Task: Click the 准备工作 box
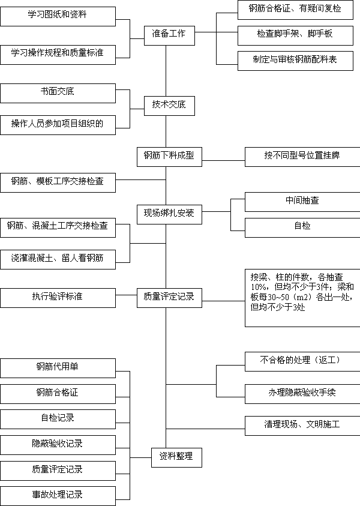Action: [169, 35]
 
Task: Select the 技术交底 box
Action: [169, 106]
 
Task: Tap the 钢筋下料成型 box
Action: [169, 157]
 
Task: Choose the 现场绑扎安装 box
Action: [169, 215]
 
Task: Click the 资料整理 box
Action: [177, 457]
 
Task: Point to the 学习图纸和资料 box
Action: [58, 16]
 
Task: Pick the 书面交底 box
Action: [58, 93]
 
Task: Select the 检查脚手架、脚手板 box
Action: [295, 35]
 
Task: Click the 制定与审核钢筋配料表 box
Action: [295, 61]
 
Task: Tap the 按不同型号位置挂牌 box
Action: [302, 157]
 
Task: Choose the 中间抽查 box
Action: [302, 202]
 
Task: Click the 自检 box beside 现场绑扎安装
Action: [302, 228]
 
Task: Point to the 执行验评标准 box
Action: [58, 298]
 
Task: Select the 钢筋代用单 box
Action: [58, 368]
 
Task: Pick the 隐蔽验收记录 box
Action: [58, 445]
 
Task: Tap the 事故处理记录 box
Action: [58, 496]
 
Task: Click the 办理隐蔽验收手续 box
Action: [302, 394]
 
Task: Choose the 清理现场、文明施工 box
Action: [302, 426]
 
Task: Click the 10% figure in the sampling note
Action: [259, 287]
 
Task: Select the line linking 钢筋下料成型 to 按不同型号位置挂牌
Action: [224, 160]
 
